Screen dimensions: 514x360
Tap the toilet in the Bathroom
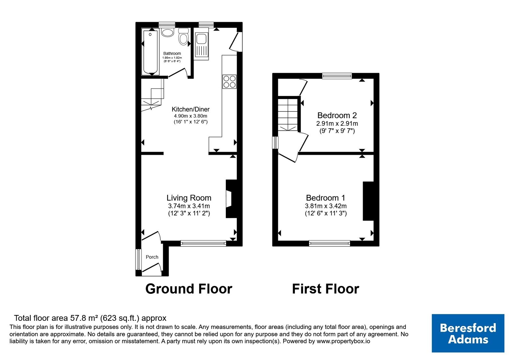pos(183,37)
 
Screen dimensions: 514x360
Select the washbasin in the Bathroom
pos(167,32)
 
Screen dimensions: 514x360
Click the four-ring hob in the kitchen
pos(229,82)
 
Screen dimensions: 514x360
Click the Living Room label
pos(189,198)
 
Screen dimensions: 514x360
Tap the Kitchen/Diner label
pos(191,109)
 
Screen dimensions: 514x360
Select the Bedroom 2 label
pos(337,115)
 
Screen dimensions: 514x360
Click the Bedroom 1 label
pos(326,198)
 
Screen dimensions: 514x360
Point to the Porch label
pos(152,257)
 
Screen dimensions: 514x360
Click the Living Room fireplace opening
pos(229,199)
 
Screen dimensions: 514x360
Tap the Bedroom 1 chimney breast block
pos(368,201)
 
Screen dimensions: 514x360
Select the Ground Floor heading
pos(189,289)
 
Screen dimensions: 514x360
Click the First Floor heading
pos(326,289)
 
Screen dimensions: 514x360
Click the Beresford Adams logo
pos(468,333)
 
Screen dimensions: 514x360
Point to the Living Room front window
pos(203,243)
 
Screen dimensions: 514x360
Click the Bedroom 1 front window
pos(330,243)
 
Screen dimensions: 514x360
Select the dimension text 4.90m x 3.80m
pos(191,116)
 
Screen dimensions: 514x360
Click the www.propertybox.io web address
pos(343,341)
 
